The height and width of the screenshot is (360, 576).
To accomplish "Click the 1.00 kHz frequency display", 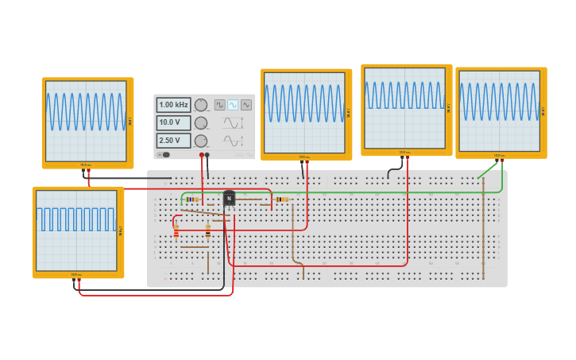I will coord(174,105).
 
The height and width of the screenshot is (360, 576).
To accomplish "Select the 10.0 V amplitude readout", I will coord(174,123).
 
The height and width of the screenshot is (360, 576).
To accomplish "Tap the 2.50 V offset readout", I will coord(174,141).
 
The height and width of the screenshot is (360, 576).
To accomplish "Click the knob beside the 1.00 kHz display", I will coord(201,105).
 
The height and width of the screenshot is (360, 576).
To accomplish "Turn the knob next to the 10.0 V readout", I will coord(201,123).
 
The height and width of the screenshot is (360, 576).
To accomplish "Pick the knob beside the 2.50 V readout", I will coord(201,141).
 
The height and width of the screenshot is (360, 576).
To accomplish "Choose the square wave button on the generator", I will coord(219,105).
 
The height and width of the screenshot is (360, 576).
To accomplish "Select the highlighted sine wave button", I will coord(233,105).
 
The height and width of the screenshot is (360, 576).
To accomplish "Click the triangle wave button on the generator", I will coord(245,105).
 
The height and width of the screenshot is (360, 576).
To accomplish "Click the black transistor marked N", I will coord(229,198).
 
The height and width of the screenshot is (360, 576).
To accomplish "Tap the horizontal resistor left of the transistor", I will coord(191,199).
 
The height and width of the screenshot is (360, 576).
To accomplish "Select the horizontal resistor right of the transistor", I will coord(282,199).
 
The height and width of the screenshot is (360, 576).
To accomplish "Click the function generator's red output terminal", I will coord(202,155).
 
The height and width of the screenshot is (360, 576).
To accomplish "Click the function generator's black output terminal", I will coord(207,155).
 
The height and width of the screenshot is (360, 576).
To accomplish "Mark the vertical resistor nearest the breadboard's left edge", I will coord(176,230).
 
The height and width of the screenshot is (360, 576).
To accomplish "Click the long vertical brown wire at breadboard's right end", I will coord(483,230).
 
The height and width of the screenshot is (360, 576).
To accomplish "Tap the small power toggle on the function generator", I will coord(165,155).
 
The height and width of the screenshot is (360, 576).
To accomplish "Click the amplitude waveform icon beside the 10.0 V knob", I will coord(232,123).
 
